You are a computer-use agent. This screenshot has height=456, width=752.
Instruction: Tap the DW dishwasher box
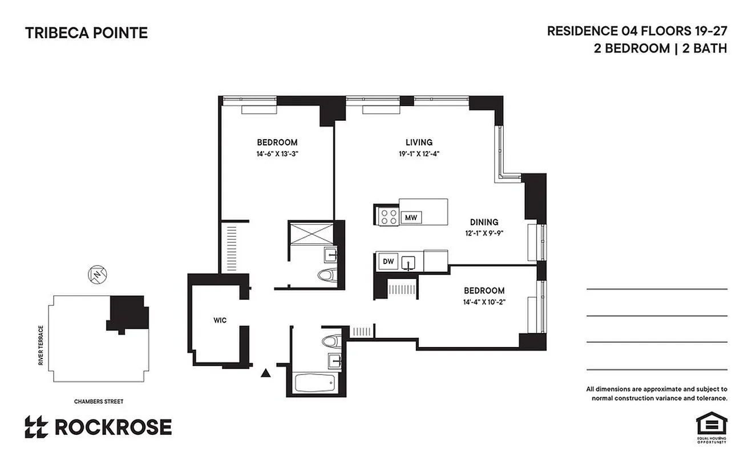tap(388, 262)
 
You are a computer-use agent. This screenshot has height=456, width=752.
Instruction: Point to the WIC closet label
tap(220, 320)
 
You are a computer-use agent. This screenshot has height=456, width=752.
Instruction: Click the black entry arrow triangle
tap(265, 373)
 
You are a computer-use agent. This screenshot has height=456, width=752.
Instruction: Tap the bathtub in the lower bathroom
tap(316, 383)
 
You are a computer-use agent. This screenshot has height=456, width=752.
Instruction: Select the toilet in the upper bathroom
tap(326, 275)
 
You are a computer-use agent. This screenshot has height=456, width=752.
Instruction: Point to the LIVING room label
tap(419, 142)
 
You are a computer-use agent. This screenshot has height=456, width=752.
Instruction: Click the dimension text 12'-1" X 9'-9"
tap(484, 233)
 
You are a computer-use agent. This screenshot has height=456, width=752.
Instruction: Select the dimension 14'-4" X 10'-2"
tap(483, 302)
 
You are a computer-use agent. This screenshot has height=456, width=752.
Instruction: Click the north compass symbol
tap(98, 275)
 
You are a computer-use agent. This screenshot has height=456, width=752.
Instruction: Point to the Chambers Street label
tap(99, 401)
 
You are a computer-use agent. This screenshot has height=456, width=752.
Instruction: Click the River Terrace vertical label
tap(41, 345)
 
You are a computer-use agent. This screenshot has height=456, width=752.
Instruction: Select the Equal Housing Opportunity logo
tap(711, 426)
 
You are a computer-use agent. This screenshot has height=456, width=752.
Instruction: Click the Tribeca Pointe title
tap(86, 33)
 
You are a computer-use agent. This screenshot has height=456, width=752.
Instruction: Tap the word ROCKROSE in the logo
tap(112, 426)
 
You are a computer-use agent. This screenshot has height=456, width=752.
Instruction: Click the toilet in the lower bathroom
tap(330, 341)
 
